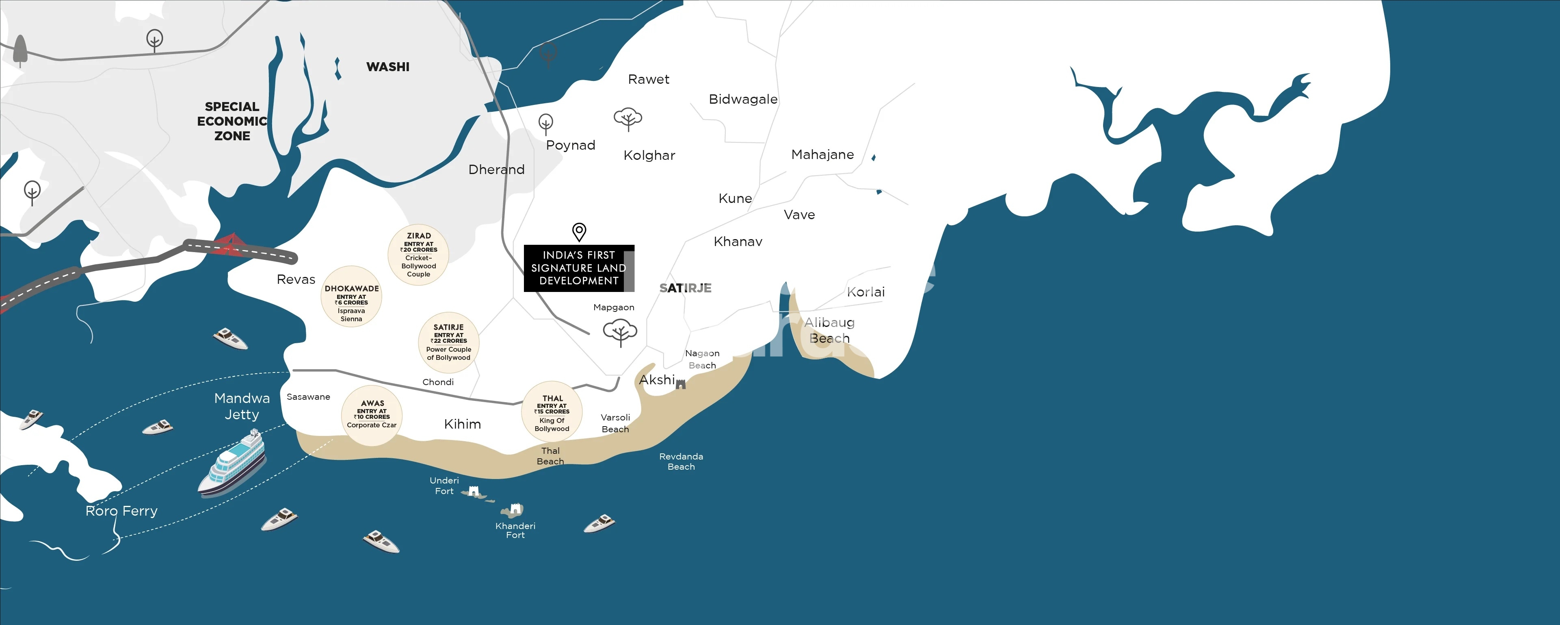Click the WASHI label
[x=387, y=67]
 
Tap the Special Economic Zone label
[x=232, y=121]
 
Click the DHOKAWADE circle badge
[x=351, y=296]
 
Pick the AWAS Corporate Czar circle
[x=372, y=415]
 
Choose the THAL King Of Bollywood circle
[x=552, y=412]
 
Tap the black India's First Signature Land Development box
[x=578, y=268]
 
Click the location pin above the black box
[x=579, y=231]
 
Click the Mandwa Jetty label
[x=242, y=406]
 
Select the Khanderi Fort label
[x=515, y=530]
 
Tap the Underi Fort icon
[x=474, y=491]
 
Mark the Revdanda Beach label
[x=681, y=461]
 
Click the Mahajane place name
[x=822, y=155]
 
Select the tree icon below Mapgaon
[x=619, y=333]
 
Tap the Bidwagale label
[x=743, y=99]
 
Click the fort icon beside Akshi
[x=681, y=384]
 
